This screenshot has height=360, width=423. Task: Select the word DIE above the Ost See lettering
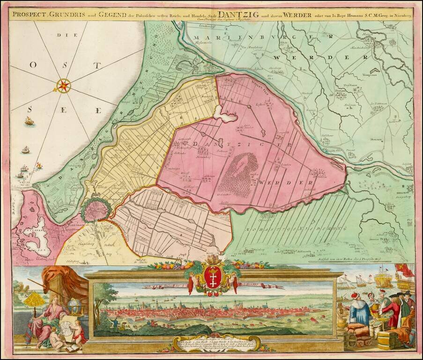[60, 35]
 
